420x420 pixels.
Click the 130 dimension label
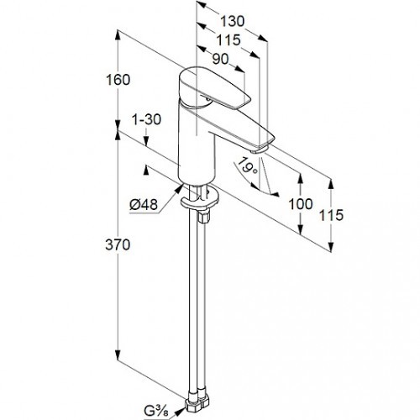(232, 21)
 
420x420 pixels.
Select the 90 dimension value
(220, 60)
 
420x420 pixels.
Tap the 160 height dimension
(118, 80)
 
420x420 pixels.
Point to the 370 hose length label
(118, 244)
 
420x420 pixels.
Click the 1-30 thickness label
(146, 119)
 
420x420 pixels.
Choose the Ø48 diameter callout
(144, 205)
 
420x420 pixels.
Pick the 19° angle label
(247, 167)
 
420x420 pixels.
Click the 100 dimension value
(301, 204)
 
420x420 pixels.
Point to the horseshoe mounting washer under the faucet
(199, 201)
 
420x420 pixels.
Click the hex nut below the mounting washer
(203, 217)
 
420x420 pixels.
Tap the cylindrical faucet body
(197, 145)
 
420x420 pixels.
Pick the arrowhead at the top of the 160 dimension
(118, 34)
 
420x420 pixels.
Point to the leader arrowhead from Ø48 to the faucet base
(179, 188)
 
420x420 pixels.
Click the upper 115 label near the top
(228, 40)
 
